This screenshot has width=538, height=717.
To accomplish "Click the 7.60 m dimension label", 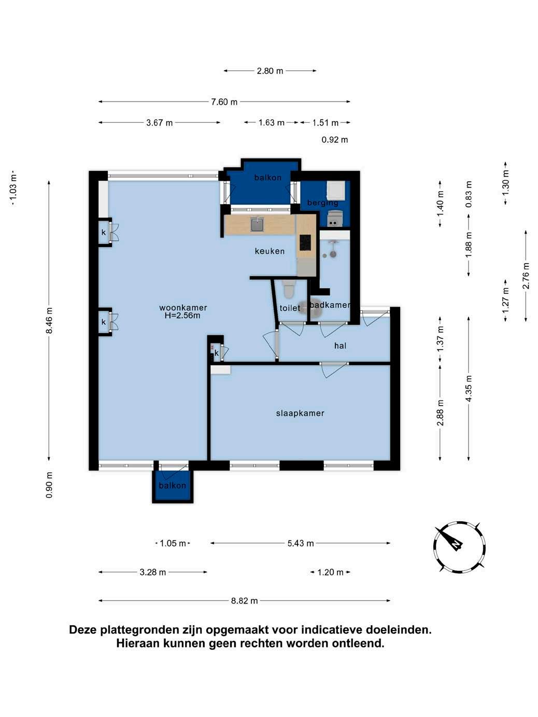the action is click(x=224, y=102).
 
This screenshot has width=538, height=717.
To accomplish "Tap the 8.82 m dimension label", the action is click(x=244, y=601).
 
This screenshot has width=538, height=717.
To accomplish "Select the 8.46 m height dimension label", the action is click(x=49, y=321).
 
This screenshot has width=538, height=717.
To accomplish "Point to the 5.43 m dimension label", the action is click(x=301, y=543).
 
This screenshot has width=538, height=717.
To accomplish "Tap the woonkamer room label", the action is click(x=183, y=308).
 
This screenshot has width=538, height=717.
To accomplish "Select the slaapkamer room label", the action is click(x=300, y=413).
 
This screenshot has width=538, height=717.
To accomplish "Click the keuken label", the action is click(x=270, y=251).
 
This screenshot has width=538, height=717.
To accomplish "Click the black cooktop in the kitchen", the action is click(x=305, y=243).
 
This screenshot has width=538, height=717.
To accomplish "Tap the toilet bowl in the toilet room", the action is click(x=289, y=290).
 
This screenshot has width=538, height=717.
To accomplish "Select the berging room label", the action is click(x=322, y=203).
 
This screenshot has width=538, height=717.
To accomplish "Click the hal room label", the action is click(x=340, y=346).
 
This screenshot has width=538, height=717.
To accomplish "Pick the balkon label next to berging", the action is click(x=268, y=178).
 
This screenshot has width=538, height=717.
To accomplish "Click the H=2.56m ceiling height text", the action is click(x=182, y=316).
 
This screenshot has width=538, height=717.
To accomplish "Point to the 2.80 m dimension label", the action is click(x=270, y=71).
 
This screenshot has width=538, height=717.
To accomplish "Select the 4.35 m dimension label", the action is click(x=469, y=389).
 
